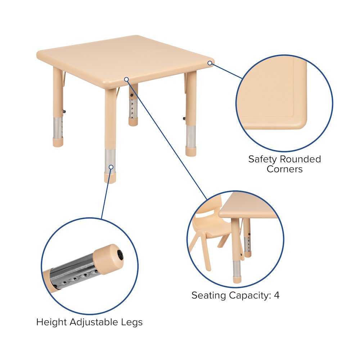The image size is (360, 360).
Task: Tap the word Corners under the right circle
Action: point(284,169)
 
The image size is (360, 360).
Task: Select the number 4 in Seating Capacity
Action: point(276,296)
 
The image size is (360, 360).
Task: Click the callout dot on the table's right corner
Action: point(210,63)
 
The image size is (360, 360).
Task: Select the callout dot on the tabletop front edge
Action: point(126,79)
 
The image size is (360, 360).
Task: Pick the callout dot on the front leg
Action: point(111,167)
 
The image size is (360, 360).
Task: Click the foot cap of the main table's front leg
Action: point(111,178)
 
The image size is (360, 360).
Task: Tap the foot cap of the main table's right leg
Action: point(191,151)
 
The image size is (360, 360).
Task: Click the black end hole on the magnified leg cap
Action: point(120,255)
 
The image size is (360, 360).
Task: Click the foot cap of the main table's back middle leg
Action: point(133,122)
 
